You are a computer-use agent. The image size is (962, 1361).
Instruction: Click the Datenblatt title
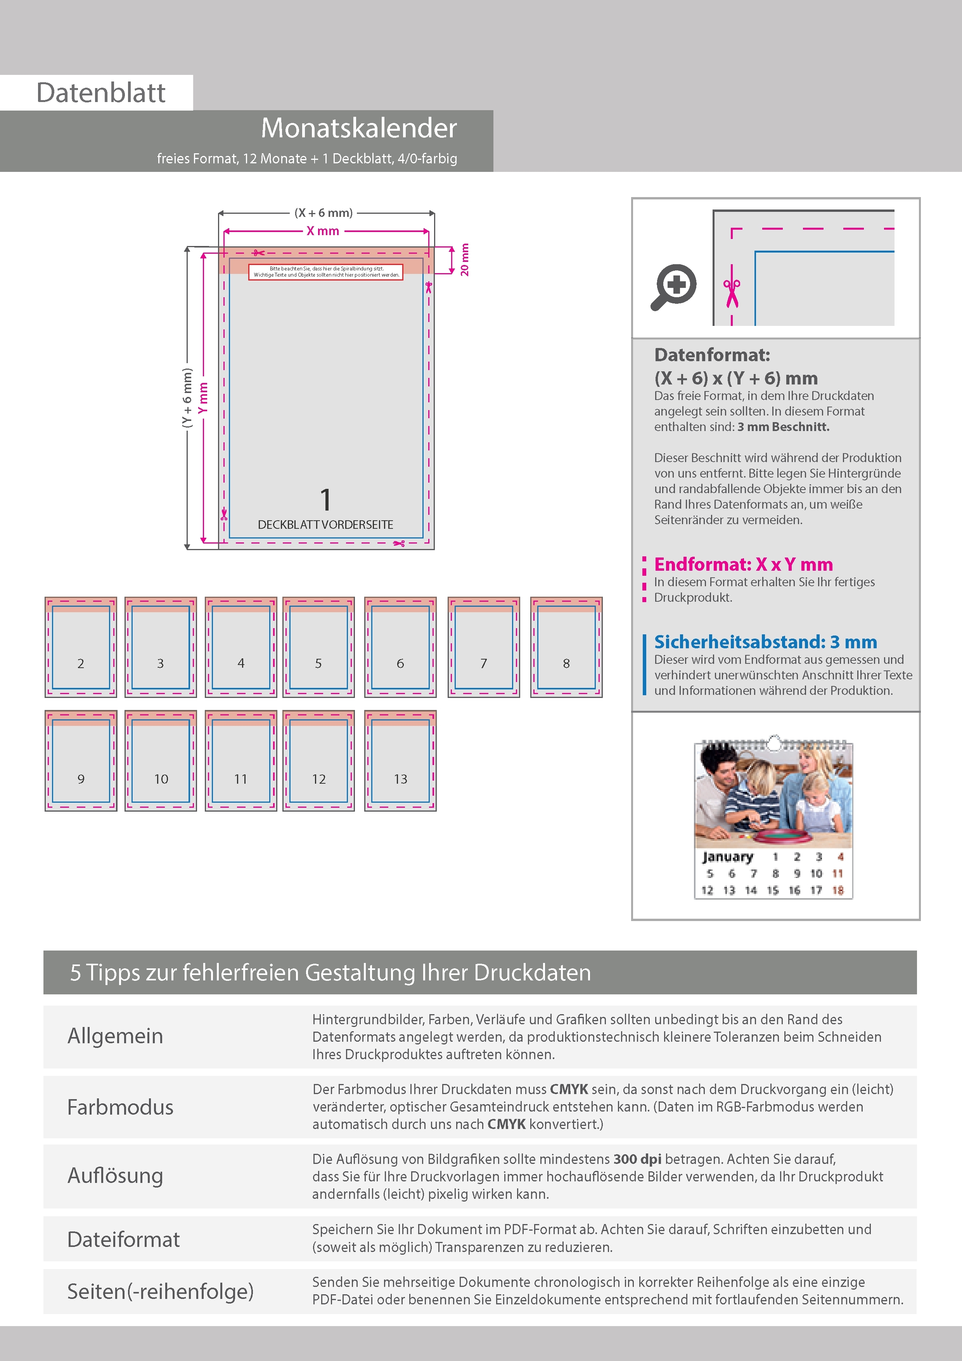pyautogui.click(x=101, y=93)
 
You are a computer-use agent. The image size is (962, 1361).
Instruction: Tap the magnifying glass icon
pyautogui.click(x=674, y=287)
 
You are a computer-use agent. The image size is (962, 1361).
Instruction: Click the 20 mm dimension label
pyautogui.click(x=465, y=260)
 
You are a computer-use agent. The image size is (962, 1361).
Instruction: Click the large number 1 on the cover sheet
pyautogui.click(x=325, y=500)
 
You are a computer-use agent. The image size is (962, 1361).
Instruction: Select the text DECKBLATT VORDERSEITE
pyautogui.click(x=325, y=525)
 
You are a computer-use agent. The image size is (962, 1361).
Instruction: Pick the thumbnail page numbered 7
pyautogui.click(x=484, y=647)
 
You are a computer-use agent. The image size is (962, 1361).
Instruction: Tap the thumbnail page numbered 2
pyautogui.click(x=81, y=647)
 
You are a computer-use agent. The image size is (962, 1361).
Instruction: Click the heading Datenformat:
pyautogui.click(x=712, y=355)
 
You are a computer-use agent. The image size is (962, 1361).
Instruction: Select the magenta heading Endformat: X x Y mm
pyautogui.click(x=743, y=564)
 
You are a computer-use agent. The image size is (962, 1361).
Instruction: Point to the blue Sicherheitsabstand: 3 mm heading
pyautogui.click(x=765, y=642)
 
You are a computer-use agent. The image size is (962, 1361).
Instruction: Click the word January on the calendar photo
pyautogui.click(x=727, y=857)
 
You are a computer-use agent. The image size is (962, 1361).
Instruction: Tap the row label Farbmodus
pyautogui.click(x=120, y=1107)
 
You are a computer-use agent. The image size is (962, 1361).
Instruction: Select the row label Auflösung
pyautogui.click(x=116, y=1176)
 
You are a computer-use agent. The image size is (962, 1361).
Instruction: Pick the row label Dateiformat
pyautogui.click(x=123, y=1240)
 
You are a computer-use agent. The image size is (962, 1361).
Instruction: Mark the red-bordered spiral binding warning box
pyautogui.click(x=325, y=272)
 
